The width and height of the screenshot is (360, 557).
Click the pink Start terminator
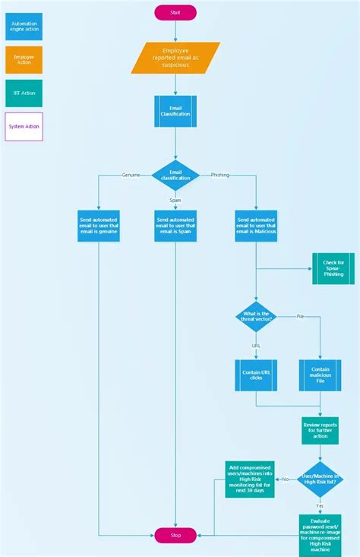(x=175, y=12)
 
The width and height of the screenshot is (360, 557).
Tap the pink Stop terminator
(x=175, y=535)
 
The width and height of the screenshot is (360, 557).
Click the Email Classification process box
(x=175, y=111)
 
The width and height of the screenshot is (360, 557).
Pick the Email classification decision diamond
(x=175, y=176)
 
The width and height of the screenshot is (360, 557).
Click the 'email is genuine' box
(x=99, y=226)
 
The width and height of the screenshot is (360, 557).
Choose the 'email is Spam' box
(x=175, y=226)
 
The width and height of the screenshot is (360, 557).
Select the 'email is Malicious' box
(x=256, y=226)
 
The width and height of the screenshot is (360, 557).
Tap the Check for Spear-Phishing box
(x=333, y=268)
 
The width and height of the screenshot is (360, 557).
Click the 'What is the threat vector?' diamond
(x=256, y=316)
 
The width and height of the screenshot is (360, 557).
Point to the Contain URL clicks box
(x=256, y=375)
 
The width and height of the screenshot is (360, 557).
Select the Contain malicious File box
(x=320, y=375)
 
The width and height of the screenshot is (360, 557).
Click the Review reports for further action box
(x=320, y=430)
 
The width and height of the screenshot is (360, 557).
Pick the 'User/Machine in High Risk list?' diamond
(x=320, y=479)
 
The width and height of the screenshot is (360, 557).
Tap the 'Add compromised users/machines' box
(x=249, y=479)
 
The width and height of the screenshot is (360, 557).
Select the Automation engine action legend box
(x=24, y=26)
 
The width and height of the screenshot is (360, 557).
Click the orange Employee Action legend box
(x=24, y=60)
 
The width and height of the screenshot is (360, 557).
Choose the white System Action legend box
(x=24, y=126)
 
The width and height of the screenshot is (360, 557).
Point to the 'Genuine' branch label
(x=131, y=175)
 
